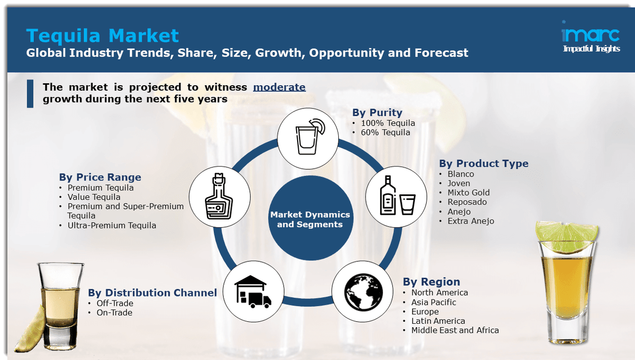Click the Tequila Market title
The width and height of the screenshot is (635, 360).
102,36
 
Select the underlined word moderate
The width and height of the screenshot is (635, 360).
279,87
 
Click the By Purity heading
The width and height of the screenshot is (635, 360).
377,113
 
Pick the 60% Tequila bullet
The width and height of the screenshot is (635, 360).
385,132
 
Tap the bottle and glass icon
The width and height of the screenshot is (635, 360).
396,197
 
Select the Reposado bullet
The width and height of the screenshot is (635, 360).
467,202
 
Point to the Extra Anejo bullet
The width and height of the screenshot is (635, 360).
470,221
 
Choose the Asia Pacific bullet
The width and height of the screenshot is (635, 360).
433,302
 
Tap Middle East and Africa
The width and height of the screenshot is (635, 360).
454,330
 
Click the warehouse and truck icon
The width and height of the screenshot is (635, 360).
254,291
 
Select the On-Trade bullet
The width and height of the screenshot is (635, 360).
115,312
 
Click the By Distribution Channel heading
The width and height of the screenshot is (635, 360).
152,293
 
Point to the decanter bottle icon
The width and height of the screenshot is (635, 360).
219,196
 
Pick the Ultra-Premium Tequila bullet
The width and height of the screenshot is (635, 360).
112,226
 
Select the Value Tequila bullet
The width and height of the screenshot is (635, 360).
94,197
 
